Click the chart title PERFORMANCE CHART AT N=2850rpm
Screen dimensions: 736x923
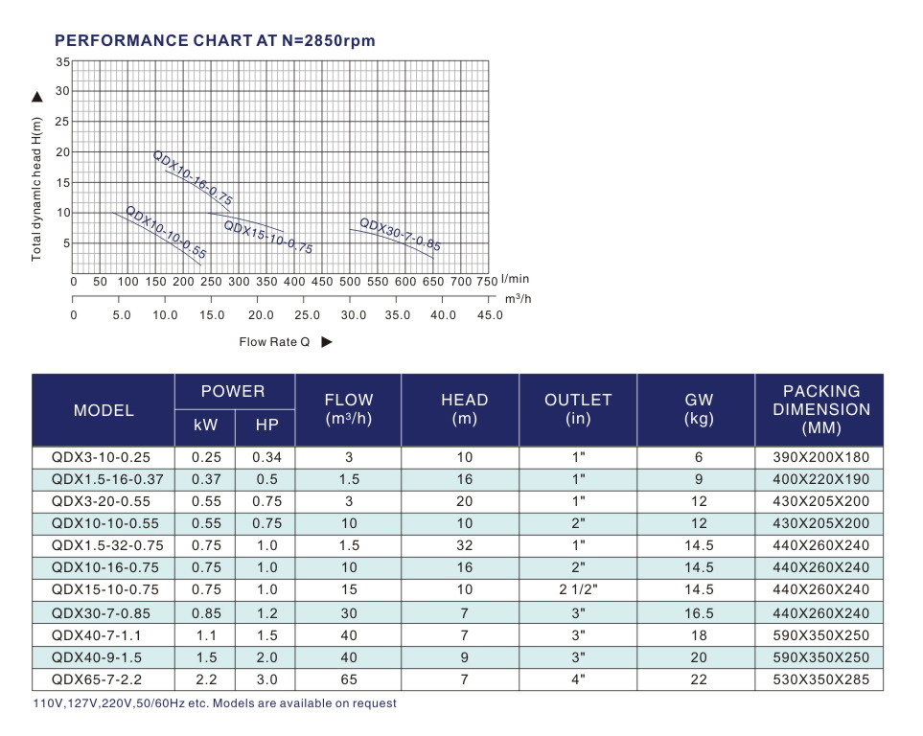(215, 40)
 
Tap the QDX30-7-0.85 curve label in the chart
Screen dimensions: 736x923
(400, 235)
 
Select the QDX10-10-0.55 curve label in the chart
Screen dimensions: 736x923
(166, 234)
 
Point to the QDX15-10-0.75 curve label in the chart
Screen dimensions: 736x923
(268, 237)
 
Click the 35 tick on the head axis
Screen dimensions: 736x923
(63, 62)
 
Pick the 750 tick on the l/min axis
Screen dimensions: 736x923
(486, 282)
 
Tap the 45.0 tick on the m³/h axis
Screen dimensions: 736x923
(490, 315)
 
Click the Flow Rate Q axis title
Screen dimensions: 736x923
(275, 342)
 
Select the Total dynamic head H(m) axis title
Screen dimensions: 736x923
(37, 189)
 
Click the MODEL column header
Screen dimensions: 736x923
(104, 410)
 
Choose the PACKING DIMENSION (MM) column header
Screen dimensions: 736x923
(821, 409)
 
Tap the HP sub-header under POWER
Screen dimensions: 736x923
(266, 425)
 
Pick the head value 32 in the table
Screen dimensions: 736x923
(464, 545)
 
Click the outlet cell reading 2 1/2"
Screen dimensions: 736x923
(578, 590)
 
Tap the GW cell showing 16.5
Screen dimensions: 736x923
(699, 613)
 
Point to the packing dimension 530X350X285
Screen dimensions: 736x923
(821, 680)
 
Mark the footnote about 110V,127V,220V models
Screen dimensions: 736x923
(215, 703)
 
